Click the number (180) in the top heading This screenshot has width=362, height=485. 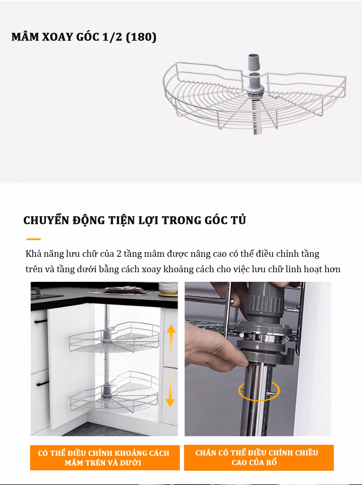click(x=141, y=37)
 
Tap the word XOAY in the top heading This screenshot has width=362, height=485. click(x=58, y=37)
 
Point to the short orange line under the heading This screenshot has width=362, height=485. click(x=34, y=239)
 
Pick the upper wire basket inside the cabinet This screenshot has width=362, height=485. click(x=114, y=337)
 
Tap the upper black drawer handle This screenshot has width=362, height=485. click(x=41, y=321)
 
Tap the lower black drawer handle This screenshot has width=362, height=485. click(x=43, y=383)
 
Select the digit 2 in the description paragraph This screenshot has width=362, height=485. click(x=119, y=254)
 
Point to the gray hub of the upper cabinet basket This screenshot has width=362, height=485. click(x=107, y=336)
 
